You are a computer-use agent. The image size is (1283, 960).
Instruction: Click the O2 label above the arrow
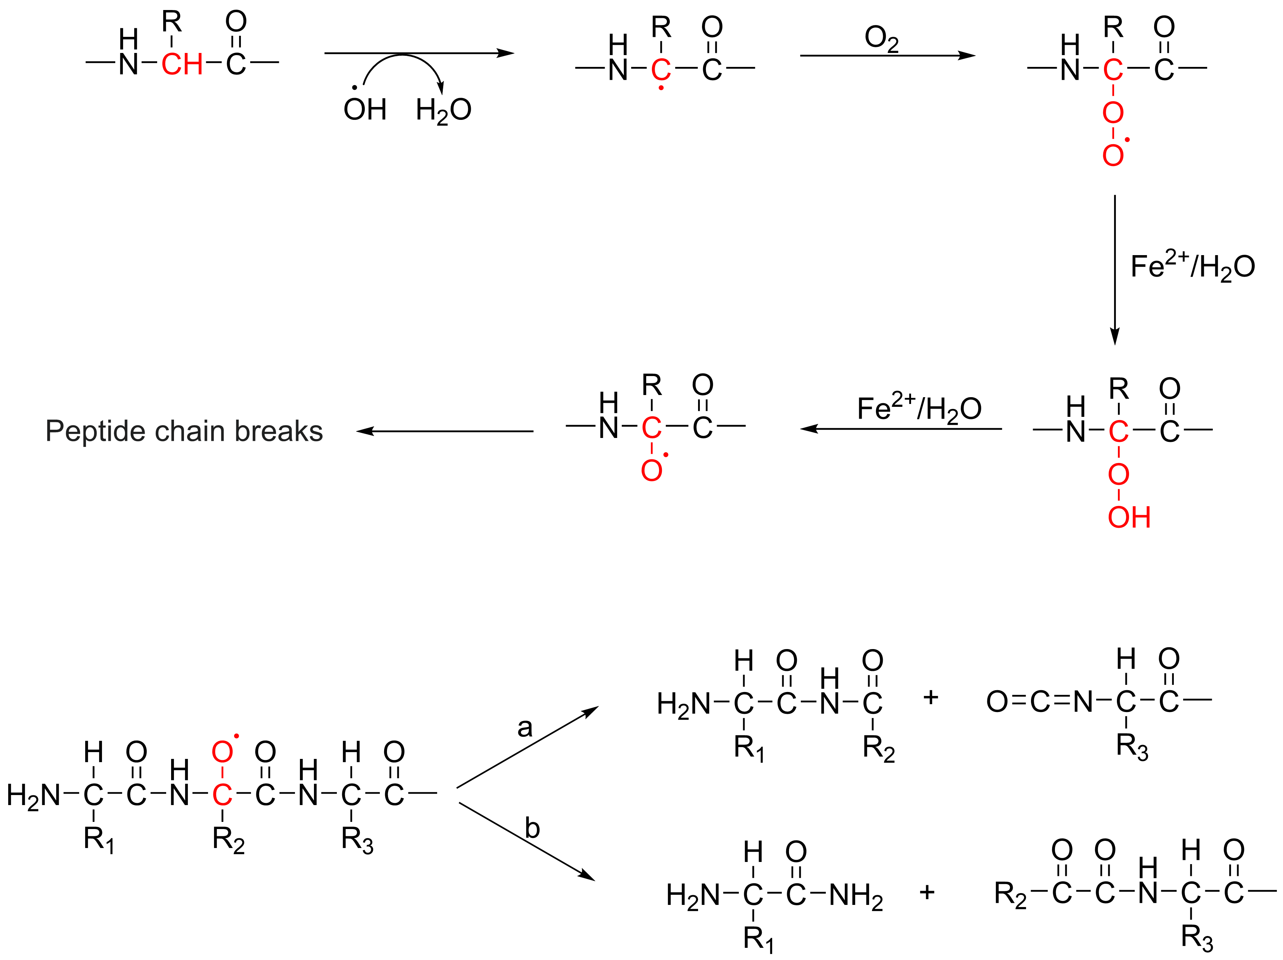click(881, 39)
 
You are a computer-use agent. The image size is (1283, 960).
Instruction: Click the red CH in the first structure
click(181, 64)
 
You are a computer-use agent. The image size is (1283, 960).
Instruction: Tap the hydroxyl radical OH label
click(364, 109)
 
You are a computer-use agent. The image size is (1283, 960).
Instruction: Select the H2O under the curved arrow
click(443, 110)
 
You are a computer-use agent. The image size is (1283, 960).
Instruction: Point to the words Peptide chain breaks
click(184, 431)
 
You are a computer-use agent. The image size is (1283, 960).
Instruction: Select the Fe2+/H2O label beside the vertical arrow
click(1192, 267)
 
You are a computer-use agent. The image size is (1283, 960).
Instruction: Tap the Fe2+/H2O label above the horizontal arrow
click(919, 408)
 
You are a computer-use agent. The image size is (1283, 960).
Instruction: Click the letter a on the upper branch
click(524, 727)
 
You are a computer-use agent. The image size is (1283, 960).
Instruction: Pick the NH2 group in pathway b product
click(856, 896)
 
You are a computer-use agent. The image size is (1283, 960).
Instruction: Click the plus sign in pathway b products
click(927, 892)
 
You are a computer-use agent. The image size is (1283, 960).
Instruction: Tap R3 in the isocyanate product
click(1132, 747)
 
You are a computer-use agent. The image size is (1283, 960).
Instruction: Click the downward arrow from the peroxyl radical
click(1114, 269)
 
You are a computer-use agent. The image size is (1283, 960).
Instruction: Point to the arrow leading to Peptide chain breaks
click(445, 431)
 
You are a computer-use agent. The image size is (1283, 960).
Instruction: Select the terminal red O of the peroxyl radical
click(1113, 155)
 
